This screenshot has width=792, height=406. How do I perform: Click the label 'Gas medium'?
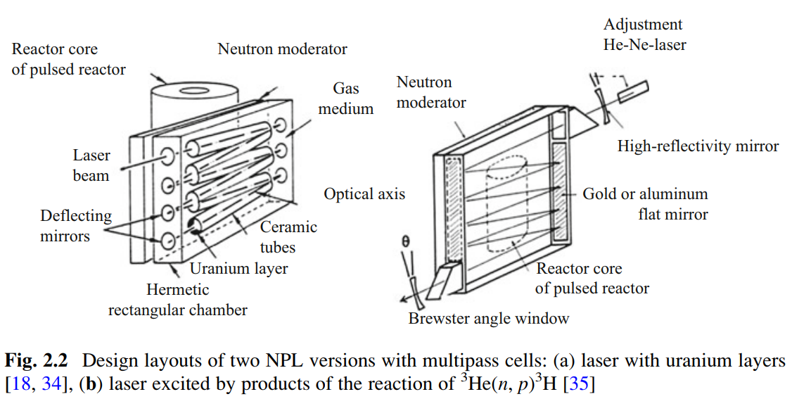345,99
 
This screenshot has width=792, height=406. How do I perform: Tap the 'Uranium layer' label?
238,268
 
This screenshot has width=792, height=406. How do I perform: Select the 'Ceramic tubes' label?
288,237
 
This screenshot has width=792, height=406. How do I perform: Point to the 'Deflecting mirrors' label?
75,226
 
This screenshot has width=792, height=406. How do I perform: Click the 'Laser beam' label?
91,165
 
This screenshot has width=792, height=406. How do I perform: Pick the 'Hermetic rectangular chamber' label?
177,300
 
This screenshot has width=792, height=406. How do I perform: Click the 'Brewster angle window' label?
488,319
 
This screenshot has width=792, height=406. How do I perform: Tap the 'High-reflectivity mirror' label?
698,146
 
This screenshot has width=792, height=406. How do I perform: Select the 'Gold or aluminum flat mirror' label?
645,203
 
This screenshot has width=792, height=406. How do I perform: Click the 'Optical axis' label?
364,194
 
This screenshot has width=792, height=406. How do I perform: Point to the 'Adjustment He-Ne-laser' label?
644,34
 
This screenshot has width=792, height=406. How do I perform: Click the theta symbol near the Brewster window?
404,241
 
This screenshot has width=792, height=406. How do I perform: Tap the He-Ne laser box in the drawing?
633,91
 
